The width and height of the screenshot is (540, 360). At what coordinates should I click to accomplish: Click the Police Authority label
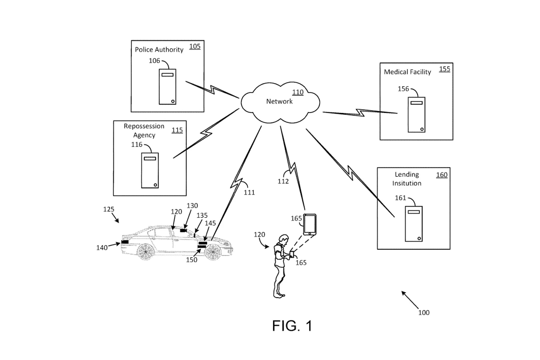coord(159,50)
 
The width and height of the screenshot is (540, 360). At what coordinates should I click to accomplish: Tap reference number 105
coord(195,47)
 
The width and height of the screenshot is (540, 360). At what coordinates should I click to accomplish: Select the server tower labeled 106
coord(167,87)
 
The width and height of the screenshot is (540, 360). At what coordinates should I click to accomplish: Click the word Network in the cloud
coord(279,101)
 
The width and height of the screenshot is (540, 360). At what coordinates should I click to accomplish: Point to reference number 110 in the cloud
coord(298,92)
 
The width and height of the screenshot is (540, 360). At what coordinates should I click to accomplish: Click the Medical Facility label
coord(407,72)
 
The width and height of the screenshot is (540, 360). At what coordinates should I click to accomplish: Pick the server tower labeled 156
coord(416,115)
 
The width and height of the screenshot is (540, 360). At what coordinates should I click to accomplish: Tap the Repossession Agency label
coord(144,130)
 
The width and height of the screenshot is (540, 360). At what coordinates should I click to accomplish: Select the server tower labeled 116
coord(150,170)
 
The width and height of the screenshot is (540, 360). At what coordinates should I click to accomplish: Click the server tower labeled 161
coord(413,224)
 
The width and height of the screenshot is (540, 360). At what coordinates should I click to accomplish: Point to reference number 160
coord(442,175)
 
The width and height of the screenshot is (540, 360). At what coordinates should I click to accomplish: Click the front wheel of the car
coord(213,252)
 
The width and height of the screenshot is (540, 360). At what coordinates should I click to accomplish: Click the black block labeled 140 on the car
coord(125,242)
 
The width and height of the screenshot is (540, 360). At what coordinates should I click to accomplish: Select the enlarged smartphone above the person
coord(310,225)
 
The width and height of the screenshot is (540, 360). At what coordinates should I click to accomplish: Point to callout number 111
coord(249,193)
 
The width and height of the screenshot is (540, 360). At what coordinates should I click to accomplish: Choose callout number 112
coord(283,181)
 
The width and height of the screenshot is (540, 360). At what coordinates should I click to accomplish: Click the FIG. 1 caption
coord(292,326)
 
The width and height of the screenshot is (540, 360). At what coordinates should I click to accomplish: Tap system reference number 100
coord(424,313)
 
